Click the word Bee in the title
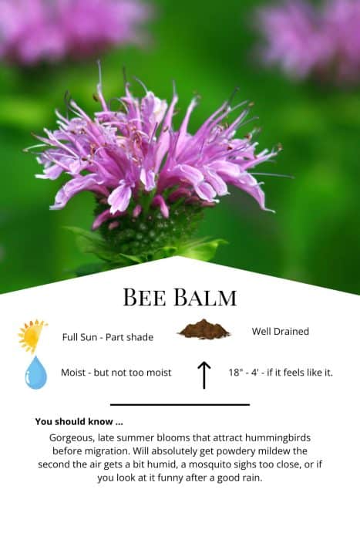(x=144, y=297)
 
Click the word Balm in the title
(x=205, y=297)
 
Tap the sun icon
(x=32, y=336)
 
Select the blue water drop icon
(x=35, y=373)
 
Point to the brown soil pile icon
(x=204, y=329)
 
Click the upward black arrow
(x=204, y=375)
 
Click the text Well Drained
(x=280, y=331)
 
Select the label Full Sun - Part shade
(x=108, y=337)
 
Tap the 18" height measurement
(x=236, y=373)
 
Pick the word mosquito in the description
(x=209, y=464)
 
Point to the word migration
(x=106, y=451)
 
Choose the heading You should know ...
(x=79, y=421)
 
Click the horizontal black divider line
(x=180, y=405)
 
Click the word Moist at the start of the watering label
(x=73, y=373)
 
